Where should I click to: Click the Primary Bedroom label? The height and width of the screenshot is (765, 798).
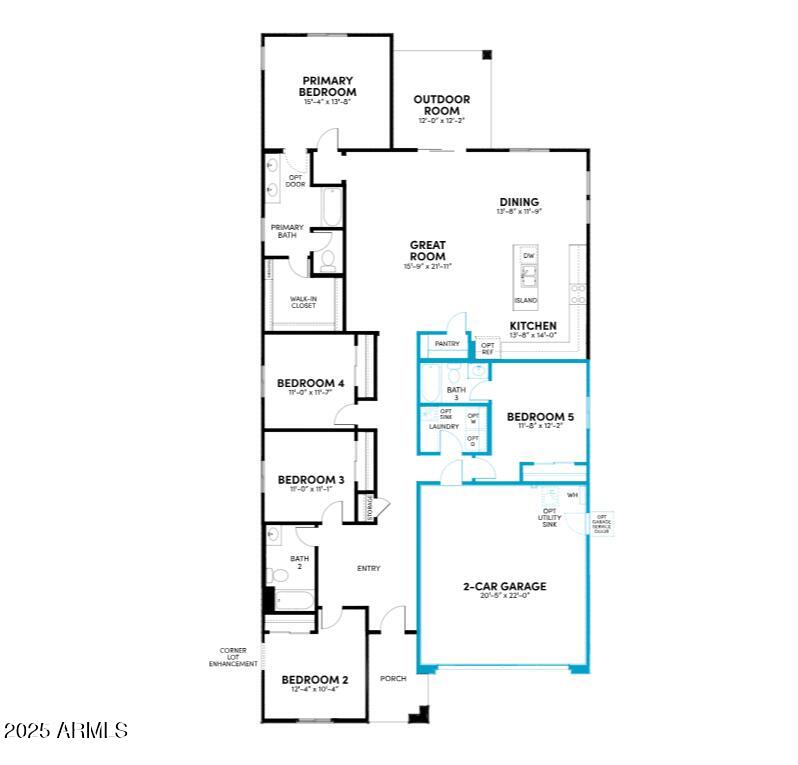coord(327,86)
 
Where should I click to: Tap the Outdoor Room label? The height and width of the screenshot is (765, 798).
coord(442,105)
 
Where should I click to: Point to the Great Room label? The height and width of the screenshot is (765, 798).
coord(427,251)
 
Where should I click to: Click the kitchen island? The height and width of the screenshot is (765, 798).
coord(525,277)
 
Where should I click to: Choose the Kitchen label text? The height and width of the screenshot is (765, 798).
coord(533,327)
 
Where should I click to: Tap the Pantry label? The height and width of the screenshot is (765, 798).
coord(447,344)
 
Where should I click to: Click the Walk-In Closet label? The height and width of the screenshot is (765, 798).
coord(303,301)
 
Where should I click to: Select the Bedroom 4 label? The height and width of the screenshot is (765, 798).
coord(311,383)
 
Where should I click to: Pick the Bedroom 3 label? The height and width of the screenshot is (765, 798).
coord(311,480)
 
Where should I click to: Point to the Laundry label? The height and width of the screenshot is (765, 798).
coord(444,427)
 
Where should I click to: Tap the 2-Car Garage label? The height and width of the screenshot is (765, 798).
coord(504,587)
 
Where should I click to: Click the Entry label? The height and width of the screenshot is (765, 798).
coord(368,569)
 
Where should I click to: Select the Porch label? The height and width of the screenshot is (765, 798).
coord(393,679)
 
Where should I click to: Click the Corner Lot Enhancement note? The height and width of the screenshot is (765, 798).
coord(233,656)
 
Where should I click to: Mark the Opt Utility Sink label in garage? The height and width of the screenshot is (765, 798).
coord(548,516)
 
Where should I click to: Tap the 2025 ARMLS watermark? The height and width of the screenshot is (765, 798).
coord(66,731)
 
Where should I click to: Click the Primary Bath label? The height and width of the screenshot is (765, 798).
coord(287,231)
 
